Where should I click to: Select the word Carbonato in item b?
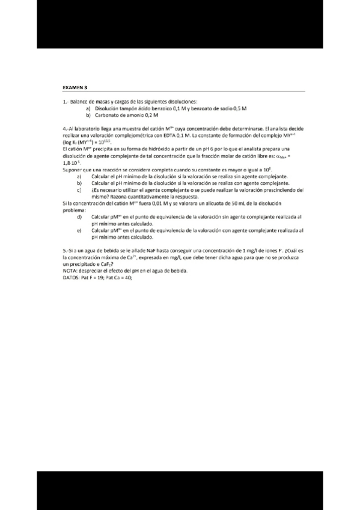(108, 114)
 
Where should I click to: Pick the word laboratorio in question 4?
(88, 129)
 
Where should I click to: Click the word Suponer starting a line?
(72, 170)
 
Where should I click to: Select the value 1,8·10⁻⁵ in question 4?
(71, 163)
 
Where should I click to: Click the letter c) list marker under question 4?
(79, 189)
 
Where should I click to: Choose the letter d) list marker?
(79, 217)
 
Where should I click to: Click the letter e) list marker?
(79, 230)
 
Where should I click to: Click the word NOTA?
(71, 271)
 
